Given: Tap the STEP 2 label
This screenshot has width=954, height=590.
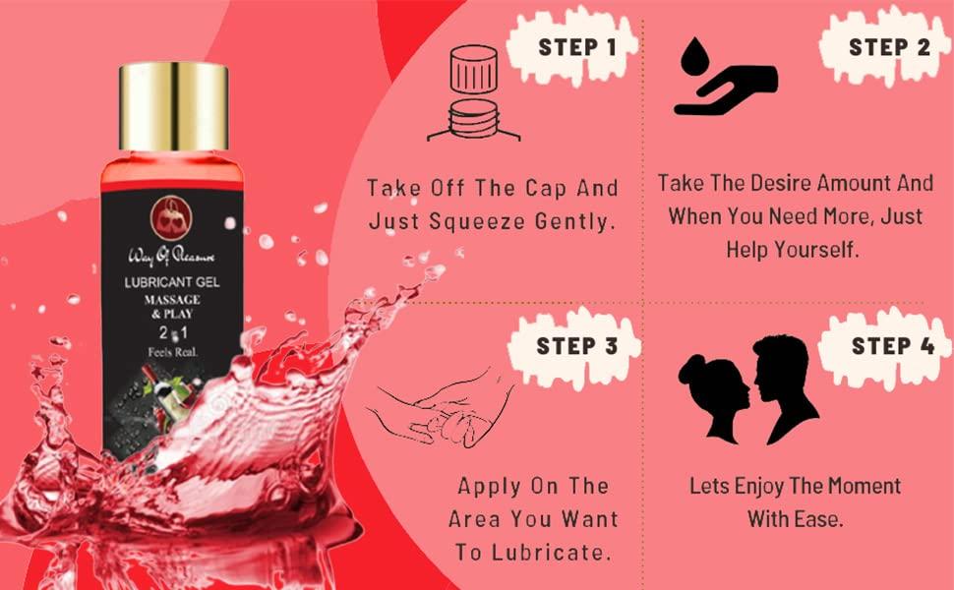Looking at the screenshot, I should [889, 46].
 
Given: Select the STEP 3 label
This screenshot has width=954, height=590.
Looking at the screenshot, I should [576, 346].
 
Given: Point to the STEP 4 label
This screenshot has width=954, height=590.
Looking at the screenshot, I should [891, 345].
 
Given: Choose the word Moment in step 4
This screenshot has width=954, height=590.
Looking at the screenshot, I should [861, 486].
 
